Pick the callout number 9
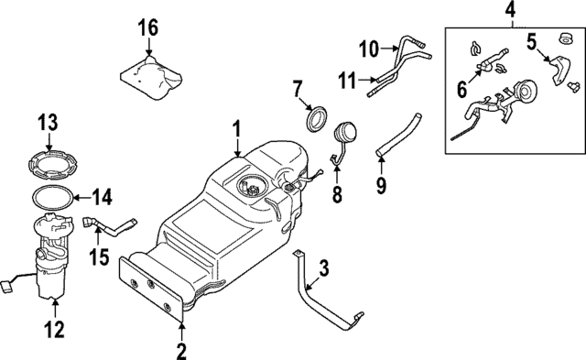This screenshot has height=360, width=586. (381, 186)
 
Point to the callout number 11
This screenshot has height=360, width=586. (344, 80)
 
